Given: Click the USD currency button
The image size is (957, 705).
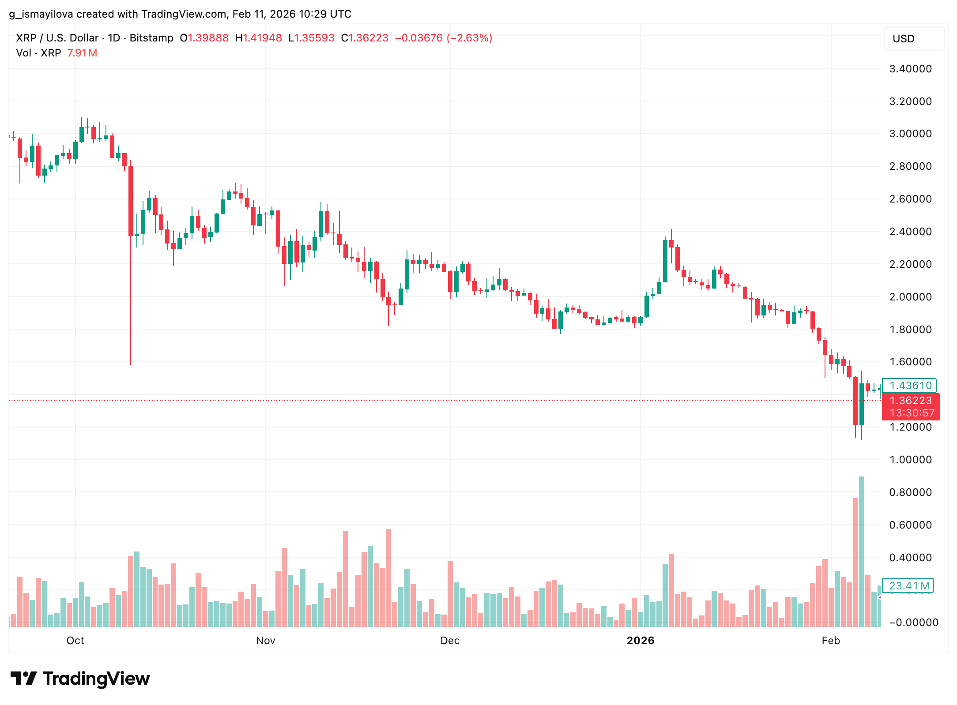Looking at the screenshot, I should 914,39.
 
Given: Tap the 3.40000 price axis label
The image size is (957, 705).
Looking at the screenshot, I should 910,69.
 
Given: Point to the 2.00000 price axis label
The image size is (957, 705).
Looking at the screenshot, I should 910,297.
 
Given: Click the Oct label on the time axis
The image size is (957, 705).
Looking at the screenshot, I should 75,641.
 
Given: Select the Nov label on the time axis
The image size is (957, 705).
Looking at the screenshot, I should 265,641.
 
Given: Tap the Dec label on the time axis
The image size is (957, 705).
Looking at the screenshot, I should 450,641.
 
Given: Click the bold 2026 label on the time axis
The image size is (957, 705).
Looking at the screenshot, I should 640,641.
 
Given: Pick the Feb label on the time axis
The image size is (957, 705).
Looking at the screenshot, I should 830,641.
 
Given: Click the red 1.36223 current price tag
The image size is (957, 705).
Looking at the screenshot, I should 910,401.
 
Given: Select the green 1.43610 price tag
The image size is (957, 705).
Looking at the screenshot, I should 909,386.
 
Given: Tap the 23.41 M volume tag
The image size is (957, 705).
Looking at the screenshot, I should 908,586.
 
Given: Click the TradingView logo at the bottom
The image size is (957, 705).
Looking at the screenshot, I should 80,679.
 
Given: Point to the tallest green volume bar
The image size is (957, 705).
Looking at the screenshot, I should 861,551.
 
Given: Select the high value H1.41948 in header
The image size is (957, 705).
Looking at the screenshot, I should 258,38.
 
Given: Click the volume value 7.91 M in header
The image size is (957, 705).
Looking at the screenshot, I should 82,53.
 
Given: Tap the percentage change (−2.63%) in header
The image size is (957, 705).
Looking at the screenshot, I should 469,38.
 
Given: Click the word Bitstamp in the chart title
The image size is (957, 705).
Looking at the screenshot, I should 151,38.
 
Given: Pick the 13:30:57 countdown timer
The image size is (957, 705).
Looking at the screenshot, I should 912,413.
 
